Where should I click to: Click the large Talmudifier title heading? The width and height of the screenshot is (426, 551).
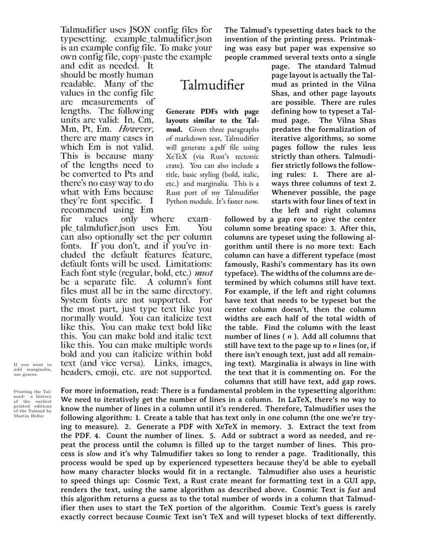213,85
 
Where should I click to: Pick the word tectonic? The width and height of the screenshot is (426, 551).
244,156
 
